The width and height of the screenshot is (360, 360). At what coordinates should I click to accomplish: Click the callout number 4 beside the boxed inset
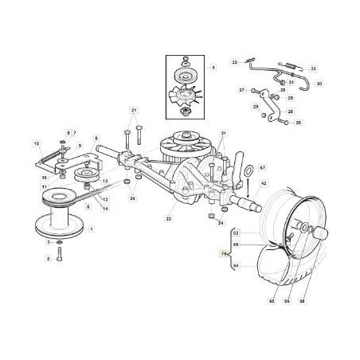[x=213, y=68]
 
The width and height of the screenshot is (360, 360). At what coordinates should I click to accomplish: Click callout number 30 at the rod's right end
[x=319, y=83]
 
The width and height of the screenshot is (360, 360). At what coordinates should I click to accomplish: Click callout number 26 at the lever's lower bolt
[x=298, y=123]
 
